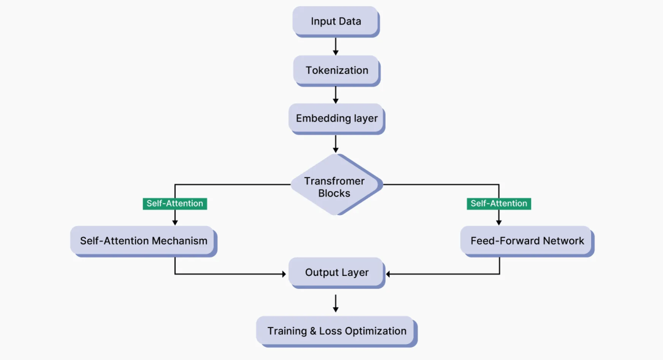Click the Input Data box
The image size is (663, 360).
pyautogui.click(x=336, y=22)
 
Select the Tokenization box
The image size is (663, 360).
pyautogui.click(x=337, y=70)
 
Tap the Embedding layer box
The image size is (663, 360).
pyautogui.click(x=336, y=118)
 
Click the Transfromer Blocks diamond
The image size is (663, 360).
pyautogui.click(x=335, y=187)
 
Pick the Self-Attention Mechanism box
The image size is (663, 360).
pyautogui.click(x=144, y=241)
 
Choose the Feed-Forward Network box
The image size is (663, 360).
pyautogui.click(x=527, y=241)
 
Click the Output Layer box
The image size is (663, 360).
pyautogui.click(x=336, y=272)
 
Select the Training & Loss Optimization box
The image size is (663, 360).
pyautogui.click(x=336, y=331)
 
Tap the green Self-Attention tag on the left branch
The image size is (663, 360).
pyautogui.click(x=175, y=203)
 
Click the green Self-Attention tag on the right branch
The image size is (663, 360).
pyautogui.click(x=499, y=203)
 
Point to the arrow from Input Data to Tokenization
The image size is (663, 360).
pyautogui.click(x=336, y=46)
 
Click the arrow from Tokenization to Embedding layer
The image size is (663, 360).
pyautogui.click(x=336, y=94)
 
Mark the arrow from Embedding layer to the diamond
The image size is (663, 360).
pyautogui.click(x=336, y=143)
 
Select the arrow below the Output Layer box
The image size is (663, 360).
pyautogui.click(x=336, y=303)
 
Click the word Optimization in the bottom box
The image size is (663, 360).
pyautogui.click(x=375, y=331)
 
